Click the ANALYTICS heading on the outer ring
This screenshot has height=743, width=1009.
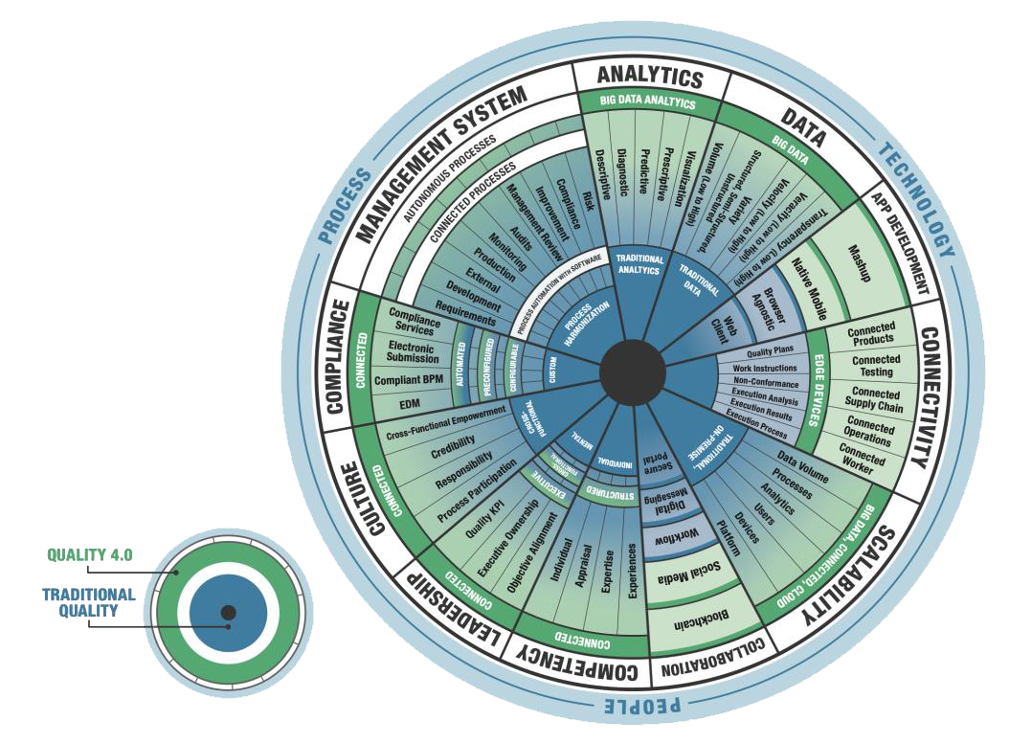pyautogui.click(x=650, y=78)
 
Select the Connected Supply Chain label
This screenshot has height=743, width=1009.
pyautogui.click(x=875, y=400)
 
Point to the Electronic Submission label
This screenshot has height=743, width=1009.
pyautogui.click(x=412, y=352)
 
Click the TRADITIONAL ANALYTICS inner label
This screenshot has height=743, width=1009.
pyautogui.click(x=638, y=264)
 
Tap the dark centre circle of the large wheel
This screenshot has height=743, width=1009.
pyautogui.click(x=633, y=366)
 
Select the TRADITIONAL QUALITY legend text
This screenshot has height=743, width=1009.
pyautogui.click(x=88, y=601)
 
